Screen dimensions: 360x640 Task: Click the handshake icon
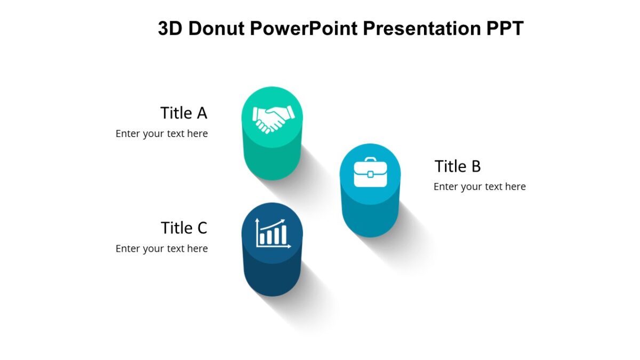click(273, 118)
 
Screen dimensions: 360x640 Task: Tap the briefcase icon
click(370, 172)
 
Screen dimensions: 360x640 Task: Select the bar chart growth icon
click(273, 233)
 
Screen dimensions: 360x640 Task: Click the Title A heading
click(183, 113)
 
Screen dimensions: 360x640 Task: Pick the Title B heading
click(458, 166)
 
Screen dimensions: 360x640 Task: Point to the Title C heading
click(183, 228)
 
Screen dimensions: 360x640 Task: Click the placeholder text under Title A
click(162, 133)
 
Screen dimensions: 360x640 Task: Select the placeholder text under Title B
click(479, 187)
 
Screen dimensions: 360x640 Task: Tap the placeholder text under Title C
click(162, 249)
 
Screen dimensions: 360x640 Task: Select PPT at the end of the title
click(505, 28)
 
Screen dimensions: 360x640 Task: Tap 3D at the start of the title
click(170, 28)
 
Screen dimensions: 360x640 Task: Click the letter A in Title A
click(201, 113)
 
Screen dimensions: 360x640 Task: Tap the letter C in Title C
click(201, 228)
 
